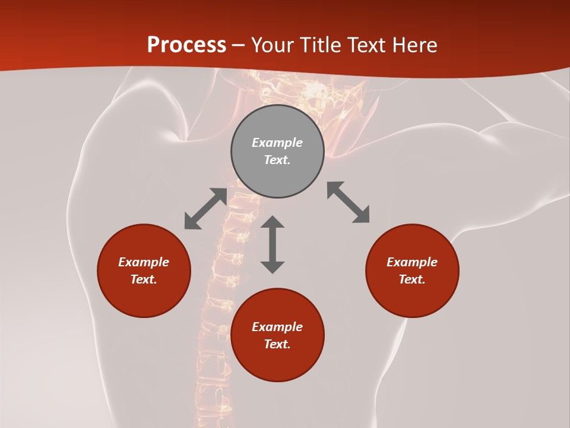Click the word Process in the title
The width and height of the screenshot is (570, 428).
[186, 45]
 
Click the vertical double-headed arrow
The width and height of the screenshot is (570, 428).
[273, 244]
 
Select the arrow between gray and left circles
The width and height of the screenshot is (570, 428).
[205, 209]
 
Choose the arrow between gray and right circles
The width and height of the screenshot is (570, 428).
[348, 202]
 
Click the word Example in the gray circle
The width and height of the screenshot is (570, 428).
[277, 143]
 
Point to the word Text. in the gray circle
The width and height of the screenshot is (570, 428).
[277, 160]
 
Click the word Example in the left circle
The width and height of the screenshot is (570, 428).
[144, 262]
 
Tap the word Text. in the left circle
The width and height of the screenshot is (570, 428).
[144, 279]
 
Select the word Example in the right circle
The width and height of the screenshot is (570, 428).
[412, 262]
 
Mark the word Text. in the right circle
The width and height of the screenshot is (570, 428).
[412, 279]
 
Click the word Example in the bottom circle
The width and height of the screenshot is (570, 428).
[277, 327]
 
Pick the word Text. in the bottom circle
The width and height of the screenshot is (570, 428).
[277, 344]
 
